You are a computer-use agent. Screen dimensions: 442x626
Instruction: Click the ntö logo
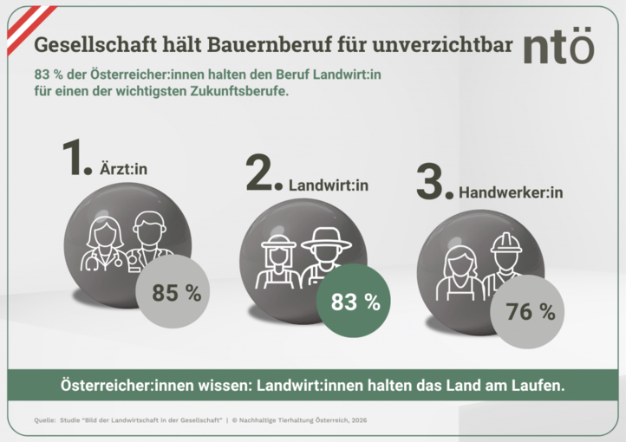pyautogui.click(x=558, y=47)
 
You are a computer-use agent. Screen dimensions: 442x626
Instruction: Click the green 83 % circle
pyautogui.click(x=355, y=302)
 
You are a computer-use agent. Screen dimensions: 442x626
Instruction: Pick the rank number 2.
pyautogui.click(x=263, y=174)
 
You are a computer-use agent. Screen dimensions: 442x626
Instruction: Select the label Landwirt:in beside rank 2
pyautogui.click(x=329, y=185)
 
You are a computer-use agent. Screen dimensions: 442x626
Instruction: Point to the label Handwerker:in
pyautogui.click(x=511, y=192)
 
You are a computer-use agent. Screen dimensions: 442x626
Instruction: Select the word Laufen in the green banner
pyautogui.click(x=538, y=386)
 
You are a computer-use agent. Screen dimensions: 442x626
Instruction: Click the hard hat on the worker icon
pyautogui.click(x=505, y=242)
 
